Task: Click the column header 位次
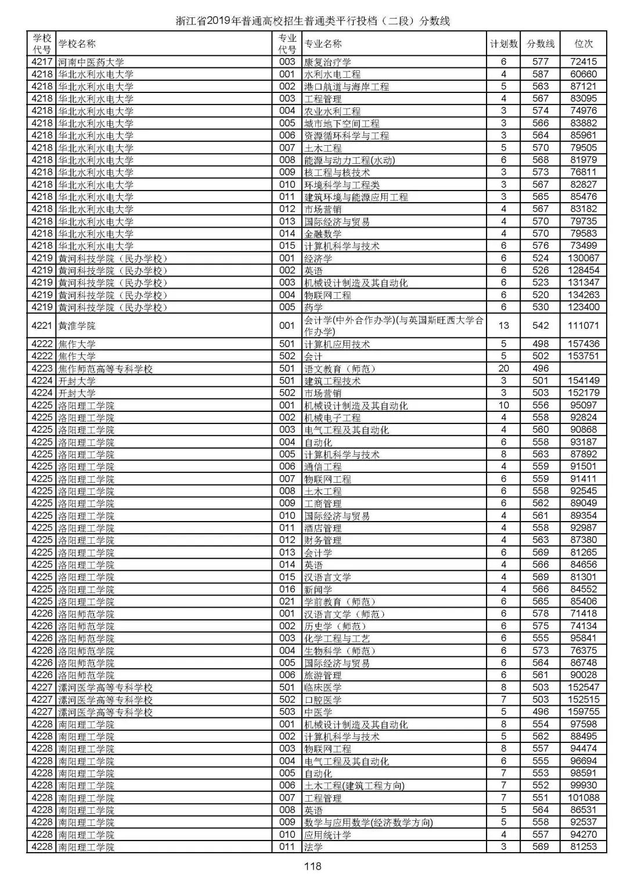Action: [x=583, y=44]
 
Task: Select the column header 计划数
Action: [x=503, y=44]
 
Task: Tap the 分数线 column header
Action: [x=540, y=44]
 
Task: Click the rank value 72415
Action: [x=583, y=62]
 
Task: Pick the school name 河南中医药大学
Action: [x=91, y=62]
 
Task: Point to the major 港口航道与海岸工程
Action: [x=347, y=87]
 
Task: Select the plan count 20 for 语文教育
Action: [x=503, y=368]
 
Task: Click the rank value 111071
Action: [x=583, y=326]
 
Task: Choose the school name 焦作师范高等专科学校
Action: [x=105, y=369]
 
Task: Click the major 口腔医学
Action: [x=323, y=700]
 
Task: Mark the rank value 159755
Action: [x=583, y=712]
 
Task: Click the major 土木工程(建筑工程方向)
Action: [x=354, y=785]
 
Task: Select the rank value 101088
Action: [x=583, y=798]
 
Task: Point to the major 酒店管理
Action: [x=323, y=528]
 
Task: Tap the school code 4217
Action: [x=42, y=62]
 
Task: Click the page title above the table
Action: [x=313, y=21]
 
